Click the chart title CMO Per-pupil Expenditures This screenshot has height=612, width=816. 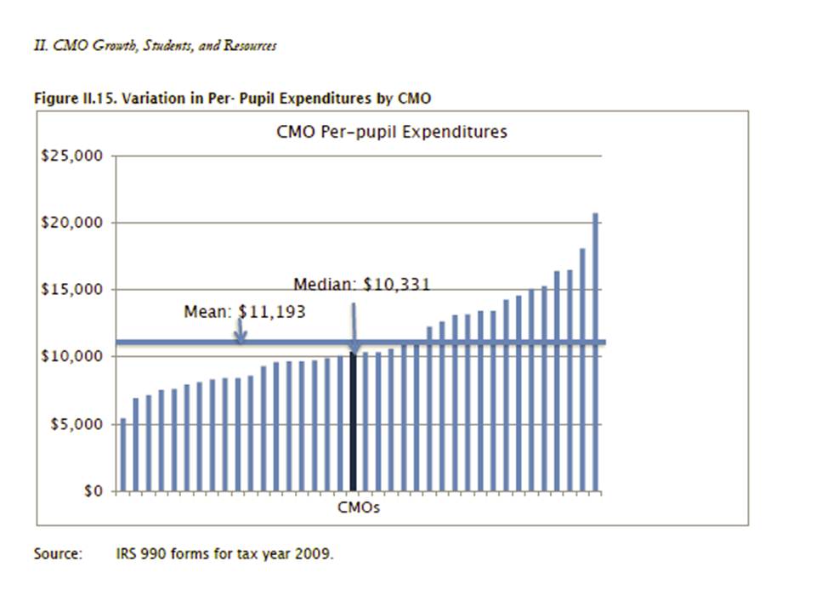(x=392, y=132)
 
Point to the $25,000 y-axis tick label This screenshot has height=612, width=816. (x=71, y=156)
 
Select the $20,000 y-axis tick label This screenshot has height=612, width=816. (x=71, y=223)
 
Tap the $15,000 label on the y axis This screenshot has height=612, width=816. (x=71, y=290)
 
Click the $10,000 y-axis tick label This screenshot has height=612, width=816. (x=71, y=356)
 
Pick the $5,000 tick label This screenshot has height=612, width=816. (x=75, y=424)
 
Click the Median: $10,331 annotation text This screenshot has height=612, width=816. (x=361, y=284)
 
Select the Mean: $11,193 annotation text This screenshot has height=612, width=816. (x=244, y=312)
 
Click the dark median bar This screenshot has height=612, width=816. (x=354, y=421)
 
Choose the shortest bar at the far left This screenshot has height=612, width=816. (x=123, y=455)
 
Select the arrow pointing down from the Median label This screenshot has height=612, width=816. (x=354, y=323)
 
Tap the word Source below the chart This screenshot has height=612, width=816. (x=58, y=554)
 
